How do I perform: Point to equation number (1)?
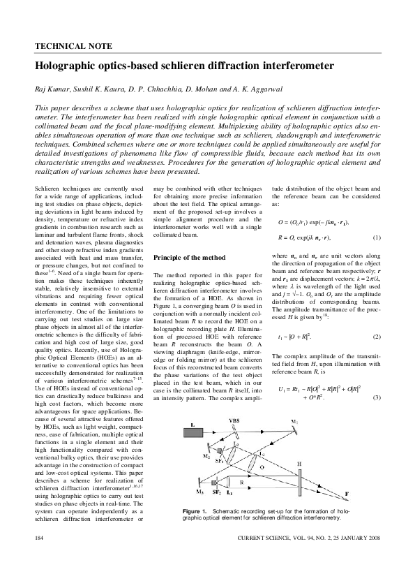pos(375,237)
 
